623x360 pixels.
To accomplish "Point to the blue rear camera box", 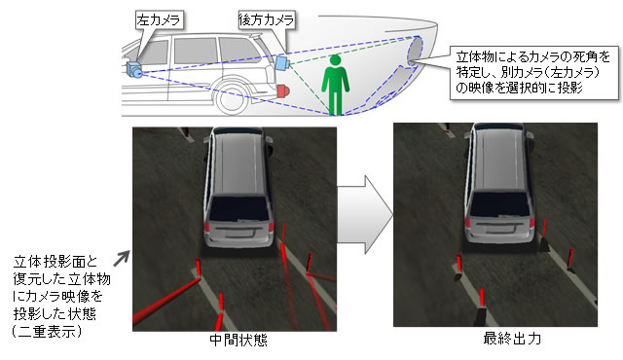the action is [283, 60].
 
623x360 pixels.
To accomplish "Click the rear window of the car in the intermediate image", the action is [238, 205].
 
